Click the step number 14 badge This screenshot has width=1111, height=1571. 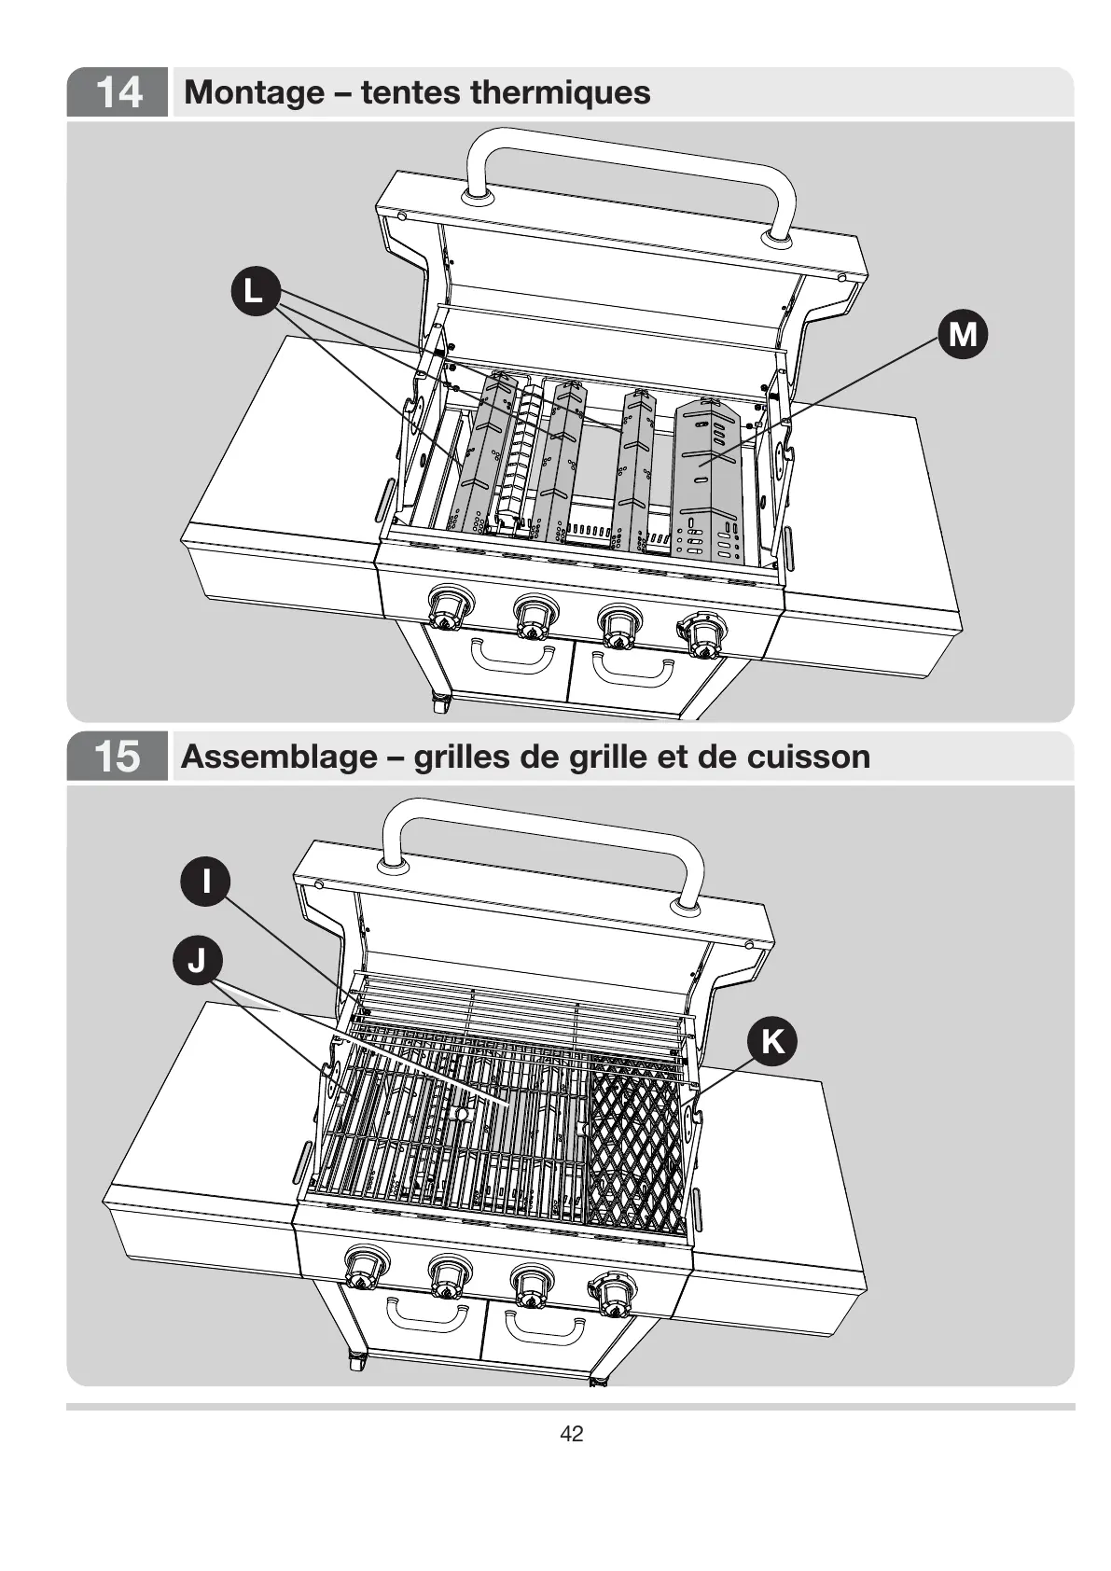118,92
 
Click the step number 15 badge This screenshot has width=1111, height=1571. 118,756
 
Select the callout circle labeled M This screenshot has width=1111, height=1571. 962,333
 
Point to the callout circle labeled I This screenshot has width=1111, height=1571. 205,880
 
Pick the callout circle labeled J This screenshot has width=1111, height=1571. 197,960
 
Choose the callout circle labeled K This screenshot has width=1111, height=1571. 772,1041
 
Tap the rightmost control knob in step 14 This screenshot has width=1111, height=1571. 701,634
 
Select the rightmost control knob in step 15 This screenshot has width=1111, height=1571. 612,1295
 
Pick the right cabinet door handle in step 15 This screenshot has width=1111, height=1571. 541,1325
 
